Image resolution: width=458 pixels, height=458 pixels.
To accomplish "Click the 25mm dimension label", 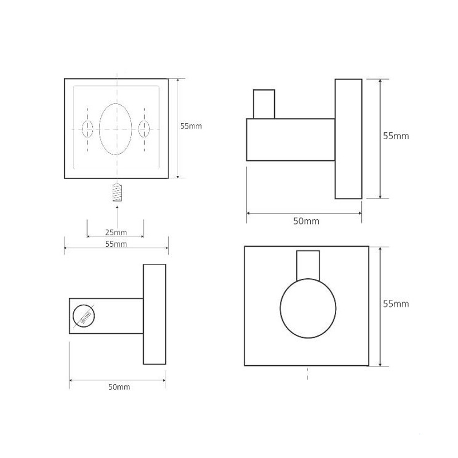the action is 116,232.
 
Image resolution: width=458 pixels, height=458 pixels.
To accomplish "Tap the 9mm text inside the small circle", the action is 85,318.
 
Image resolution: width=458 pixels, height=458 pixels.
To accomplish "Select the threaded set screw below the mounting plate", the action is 117,192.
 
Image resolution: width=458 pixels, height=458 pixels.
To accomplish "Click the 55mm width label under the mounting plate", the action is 116,244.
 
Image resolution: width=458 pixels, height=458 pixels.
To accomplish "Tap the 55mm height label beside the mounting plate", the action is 191,126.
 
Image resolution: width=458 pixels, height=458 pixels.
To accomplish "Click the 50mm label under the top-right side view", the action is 306,221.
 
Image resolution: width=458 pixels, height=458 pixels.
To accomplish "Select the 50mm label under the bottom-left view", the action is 119,387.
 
